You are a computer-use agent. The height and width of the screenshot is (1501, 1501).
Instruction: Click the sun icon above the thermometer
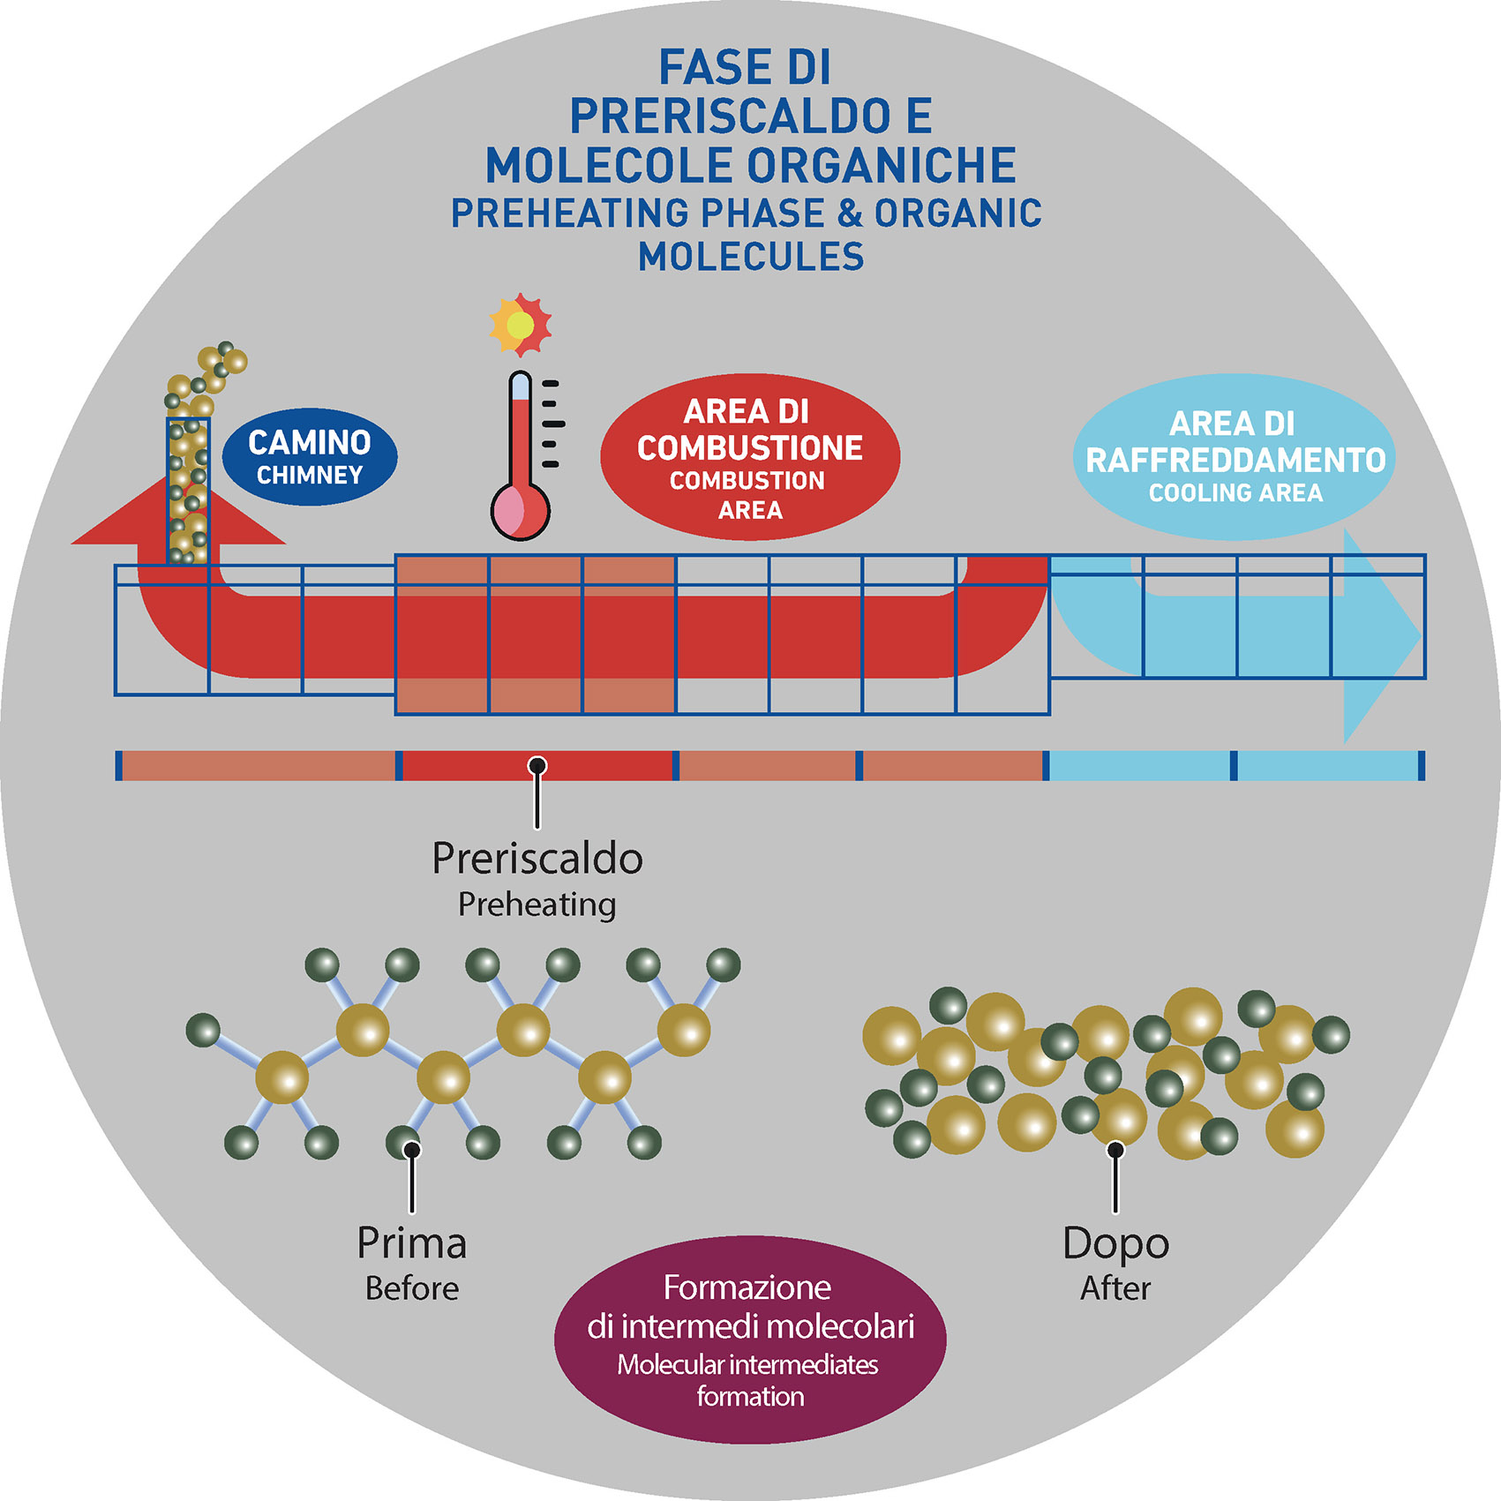click(521, 324)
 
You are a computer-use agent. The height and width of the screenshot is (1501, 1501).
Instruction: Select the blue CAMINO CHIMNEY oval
click(310, 457)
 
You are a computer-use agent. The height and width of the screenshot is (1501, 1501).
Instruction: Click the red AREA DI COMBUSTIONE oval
click(750, 457)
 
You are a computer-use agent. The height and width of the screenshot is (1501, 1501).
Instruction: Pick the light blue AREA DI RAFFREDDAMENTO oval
click(1235, 457)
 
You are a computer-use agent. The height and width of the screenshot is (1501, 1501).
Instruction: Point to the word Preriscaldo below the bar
click(537, 859)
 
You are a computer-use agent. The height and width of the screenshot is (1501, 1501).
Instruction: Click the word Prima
click(411, 1244)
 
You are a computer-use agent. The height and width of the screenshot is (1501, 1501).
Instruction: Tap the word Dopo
click(1115, 1244)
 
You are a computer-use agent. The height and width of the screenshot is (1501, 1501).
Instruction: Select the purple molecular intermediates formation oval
click(750, 1340)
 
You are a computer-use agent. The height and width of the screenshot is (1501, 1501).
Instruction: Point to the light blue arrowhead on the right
click(1381, 635)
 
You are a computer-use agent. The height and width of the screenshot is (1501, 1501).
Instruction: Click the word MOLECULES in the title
click(751, 257)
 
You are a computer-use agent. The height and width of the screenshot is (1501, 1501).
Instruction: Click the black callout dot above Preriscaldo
click(537, 765)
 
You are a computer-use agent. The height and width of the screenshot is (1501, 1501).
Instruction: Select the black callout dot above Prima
click(411, 1150)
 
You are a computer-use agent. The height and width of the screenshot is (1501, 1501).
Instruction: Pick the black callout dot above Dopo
click(1115, 1150)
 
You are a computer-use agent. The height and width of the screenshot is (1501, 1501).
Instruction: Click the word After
click(1115, 1289)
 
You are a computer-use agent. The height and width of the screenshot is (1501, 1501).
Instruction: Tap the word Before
click(412, 1289)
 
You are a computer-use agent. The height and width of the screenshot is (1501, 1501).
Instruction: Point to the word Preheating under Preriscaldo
click(537, 904)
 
